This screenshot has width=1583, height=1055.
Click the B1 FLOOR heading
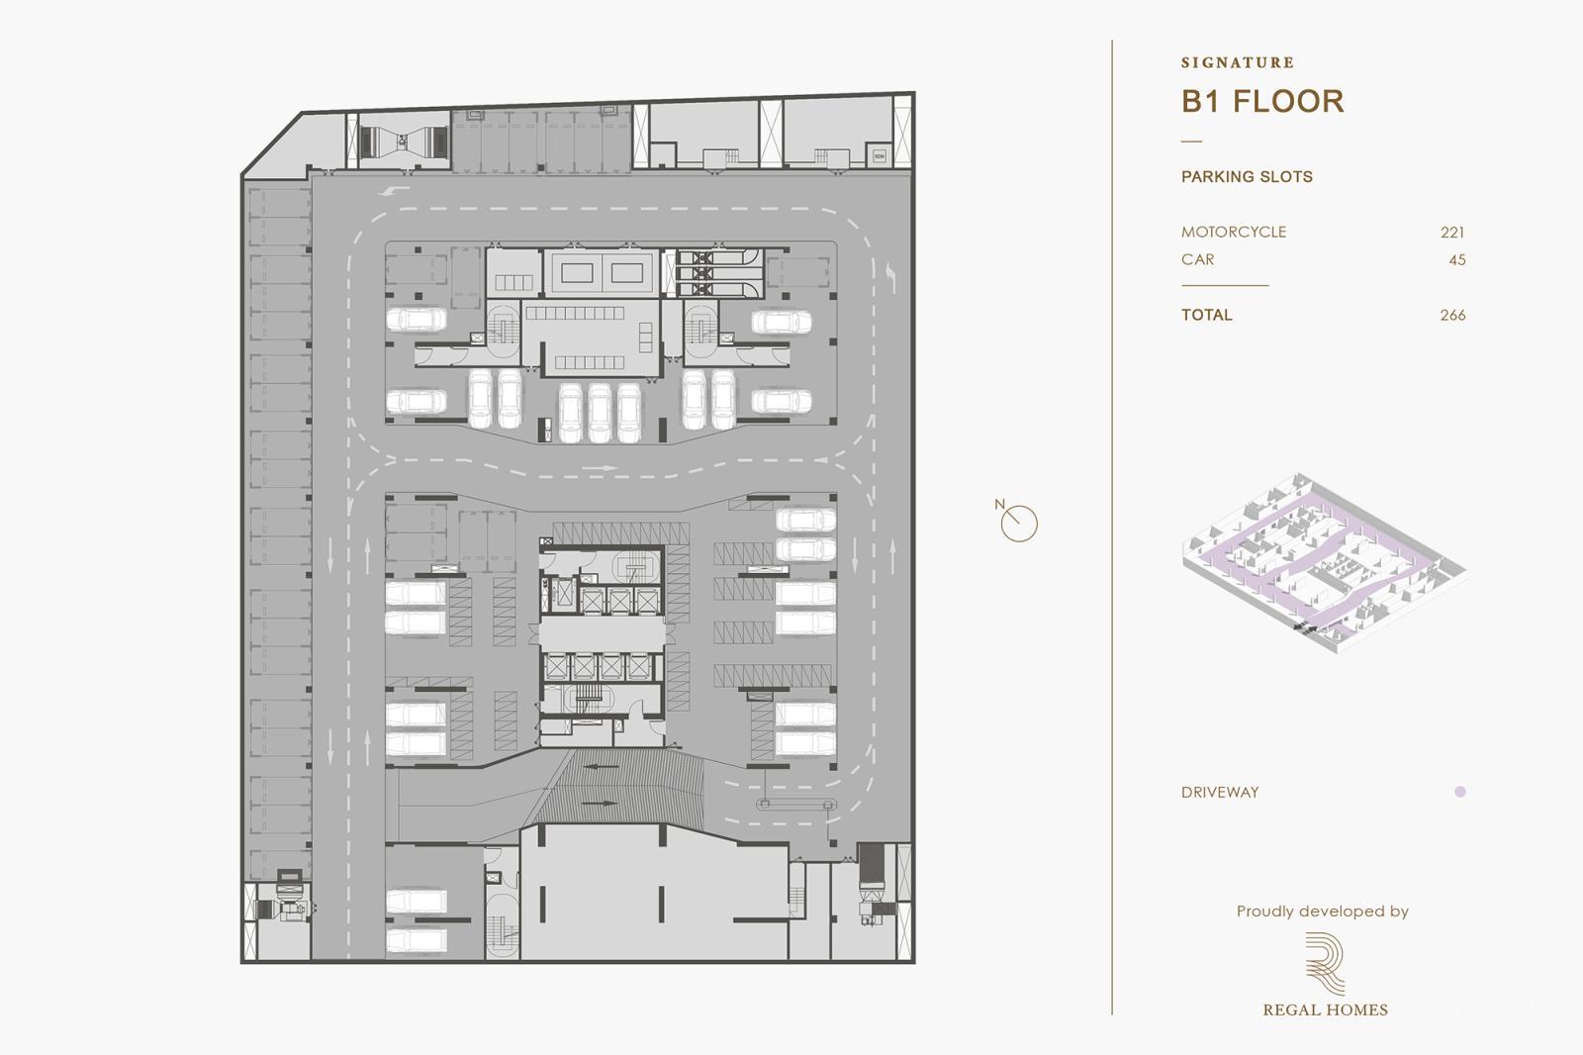1262,101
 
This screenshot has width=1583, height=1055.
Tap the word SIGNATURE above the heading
1238,62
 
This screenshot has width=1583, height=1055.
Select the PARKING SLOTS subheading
1247,177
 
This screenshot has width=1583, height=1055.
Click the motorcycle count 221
1452,233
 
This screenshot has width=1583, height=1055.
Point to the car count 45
1457,260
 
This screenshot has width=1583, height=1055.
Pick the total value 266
1452,316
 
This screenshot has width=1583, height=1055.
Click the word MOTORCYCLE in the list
1234,233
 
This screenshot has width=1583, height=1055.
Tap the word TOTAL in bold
1207,316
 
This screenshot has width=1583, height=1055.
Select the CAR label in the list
1197,260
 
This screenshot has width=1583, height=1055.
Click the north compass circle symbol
1019,524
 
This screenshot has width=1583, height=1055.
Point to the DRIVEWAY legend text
1220,793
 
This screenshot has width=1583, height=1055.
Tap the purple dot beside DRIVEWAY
1460,792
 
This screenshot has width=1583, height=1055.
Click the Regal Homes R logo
1324,963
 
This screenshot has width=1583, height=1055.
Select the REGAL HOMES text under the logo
1325,1010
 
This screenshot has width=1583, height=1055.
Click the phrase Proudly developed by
1322,911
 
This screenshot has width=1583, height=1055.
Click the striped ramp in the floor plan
617,787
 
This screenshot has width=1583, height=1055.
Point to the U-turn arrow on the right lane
891,277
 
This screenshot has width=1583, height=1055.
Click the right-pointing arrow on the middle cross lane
600,468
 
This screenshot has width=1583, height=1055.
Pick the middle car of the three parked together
600,412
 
